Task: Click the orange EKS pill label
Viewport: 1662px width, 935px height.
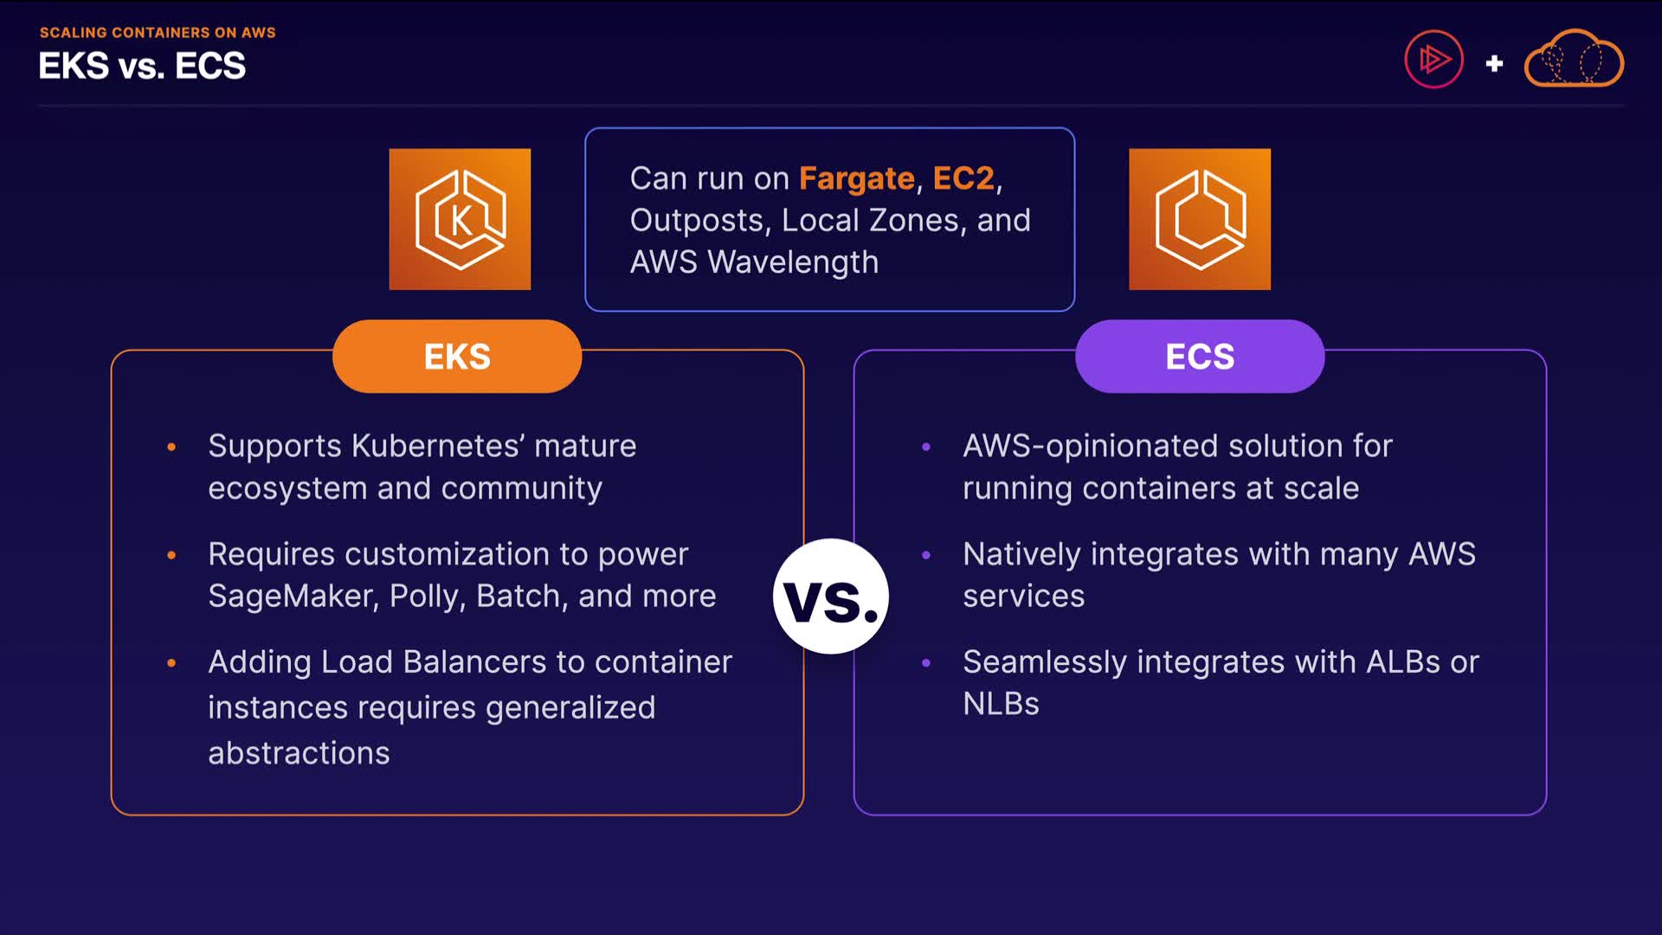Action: pos(457,357)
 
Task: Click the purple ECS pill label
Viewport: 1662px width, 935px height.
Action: pos(1200,357)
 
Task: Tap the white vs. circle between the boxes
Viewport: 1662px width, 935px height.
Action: pos(830,596)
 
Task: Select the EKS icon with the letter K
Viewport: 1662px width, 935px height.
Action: pos(460,219)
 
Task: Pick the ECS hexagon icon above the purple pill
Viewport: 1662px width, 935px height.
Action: pos(1200,219)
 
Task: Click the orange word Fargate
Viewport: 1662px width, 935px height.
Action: pos(856,178)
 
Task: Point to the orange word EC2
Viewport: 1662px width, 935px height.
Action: pos(963,178)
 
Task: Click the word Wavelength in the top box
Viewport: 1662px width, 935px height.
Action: pos(792,262)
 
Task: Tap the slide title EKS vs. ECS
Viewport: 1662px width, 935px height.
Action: pos(142,67)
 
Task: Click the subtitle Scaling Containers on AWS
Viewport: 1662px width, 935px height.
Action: pos(158,33)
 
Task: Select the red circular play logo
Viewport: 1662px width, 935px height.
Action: pos(1433,60)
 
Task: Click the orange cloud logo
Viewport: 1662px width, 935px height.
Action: pos(1574,60)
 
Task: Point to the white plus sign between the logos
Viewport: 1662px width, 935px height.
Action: pos(1494,63)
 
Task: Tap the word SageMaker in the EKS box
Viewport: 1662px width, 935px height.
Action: pos(293,596)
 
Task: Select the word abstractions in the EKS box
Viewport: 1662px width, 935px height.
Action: pos(299,753)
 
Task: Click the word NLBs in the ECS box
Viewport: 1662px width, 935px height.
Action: pos(1001,704)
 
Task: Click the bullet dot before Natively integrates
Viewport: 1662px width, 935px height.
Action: pos(926,555)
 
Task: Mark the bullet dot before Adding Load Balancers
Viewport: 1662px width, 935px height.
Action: pos(171,663)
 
